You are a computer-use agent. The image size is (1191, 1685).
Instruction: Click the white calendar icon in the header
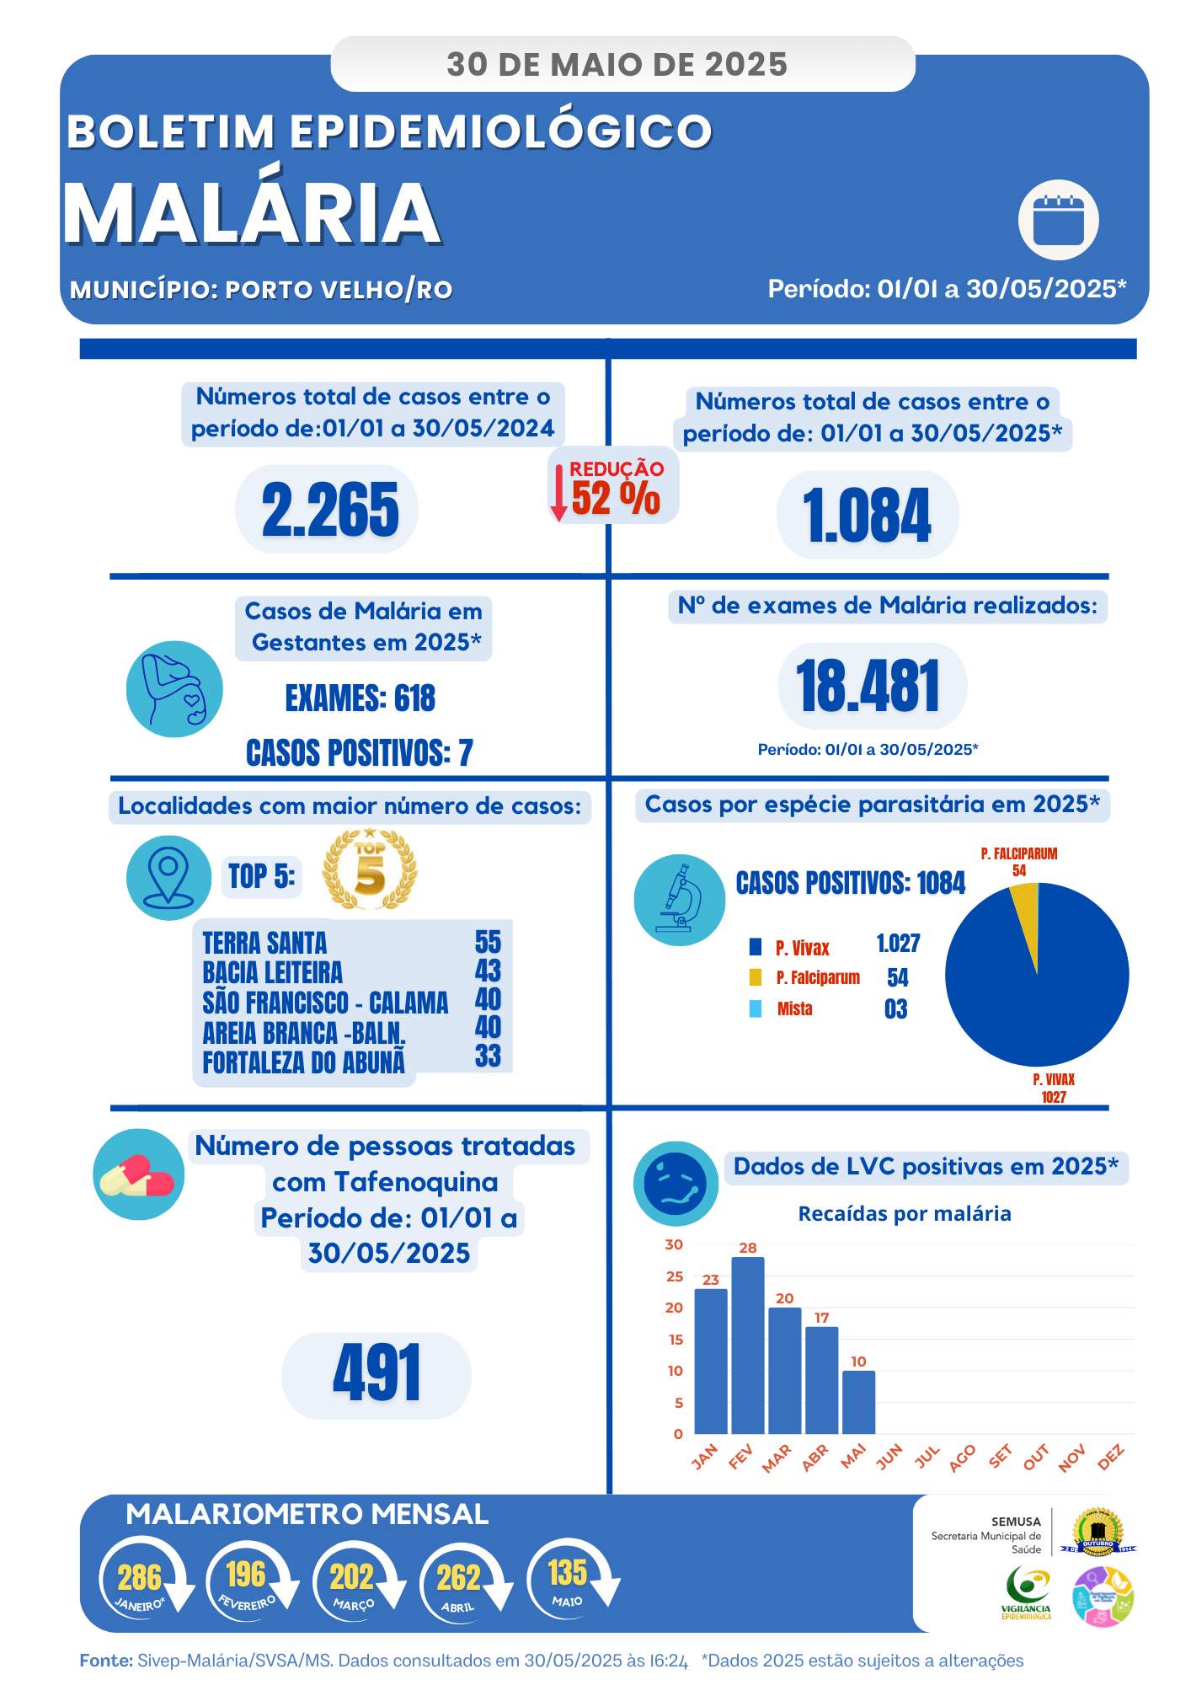[1058, 221]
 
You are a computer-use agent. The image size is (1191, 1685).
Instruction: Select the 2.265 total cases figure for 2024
[329, 510]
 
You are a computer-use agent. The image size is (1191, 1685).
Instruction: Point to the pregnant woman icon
[174, 689]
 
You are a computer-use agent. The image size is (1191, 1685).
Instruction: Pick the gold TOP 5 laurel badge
[370, 870]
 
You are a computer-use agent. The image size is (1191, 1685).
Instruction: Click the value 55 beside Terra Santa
[488, 942]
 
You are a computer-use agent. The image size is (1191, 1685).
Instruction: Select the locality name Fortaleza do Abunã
[303, 1062]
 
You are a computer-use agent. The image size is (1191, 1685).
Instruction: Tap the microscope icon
[680, 899]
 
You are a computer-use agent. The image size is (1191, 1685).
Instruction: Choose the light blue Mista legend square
[756, 1008]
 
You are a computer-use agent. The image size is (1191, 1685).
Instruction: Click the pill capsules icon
[138, 1174]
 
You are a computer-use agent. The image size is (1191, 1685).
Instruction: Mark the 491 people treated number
[377, 1374]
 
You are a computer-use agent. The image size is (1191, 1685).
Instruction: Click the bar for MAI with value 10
[858, 1402]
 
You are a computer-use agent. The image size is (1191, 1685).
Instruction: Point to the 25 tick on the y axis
[675, 1276]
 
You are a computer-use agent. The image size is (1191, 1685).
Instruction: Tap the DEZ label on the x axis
[1111, 1457]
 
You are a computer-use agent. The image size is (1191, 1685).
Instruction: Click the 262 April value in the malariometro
[458, 1578]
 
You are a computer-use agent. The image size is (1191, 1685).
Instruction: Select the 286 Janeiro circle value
[140, 1578]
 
